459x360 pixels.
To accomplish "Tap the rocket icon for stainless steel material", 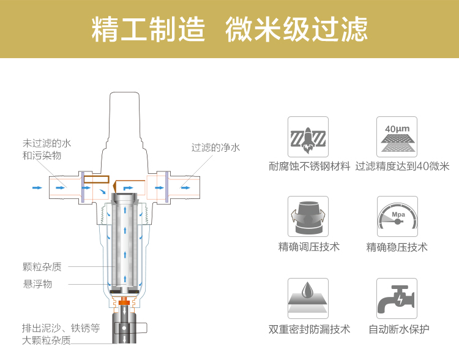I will click(x=308, y=137).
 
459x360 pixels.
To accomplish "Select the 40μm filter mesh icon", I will click(x=397, y=137).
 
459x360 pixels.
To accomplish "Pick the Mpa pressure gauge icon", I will click(x=397, y=216).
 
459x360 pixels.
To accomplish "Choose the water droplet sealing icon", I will click(x=308, y=298).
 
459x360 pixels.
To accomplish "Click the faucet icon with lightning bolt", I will click(x=397, y=298).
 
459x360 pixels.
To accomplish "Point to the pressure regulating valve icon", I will click(x=308, y=216).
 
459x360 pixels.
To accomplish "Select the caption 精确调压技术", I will click(x=308, y=247).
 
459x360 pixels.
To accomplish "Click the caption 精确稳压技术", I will click(x=397, y=247).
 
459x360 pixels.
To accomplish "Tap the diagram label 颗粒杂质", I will click(x=42, y=267).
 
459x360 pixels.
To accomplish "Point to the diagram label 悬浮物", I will click(x=37, y=284).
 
